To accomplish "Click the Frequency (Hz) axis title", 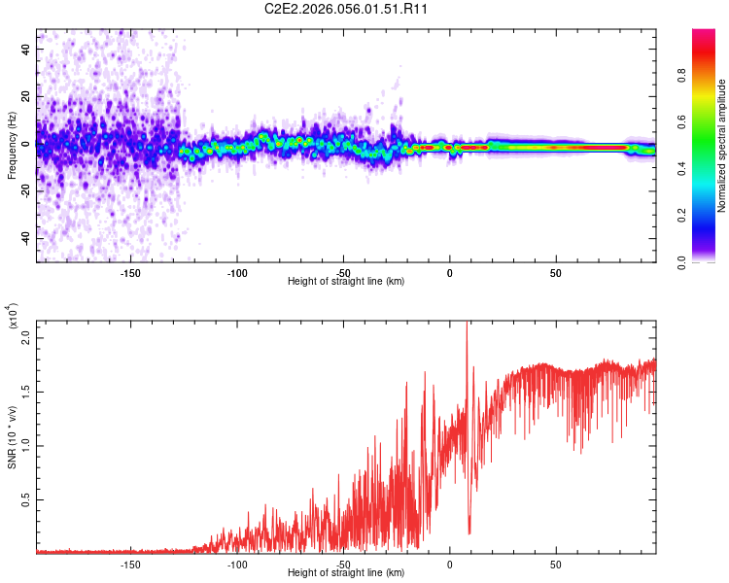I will [12, 146].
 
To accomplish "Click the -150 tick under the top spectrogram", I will [130, 273].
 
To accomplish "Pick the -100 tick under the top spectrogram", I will [236, 273].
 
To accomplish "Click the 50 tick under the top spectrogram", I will [555, 273].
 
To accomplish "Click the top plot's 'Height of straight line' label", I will [346, 282].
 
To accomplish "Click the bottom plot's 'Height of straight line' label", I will [346, 573].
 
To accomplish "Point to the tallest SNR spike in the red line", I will [468, 325].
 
